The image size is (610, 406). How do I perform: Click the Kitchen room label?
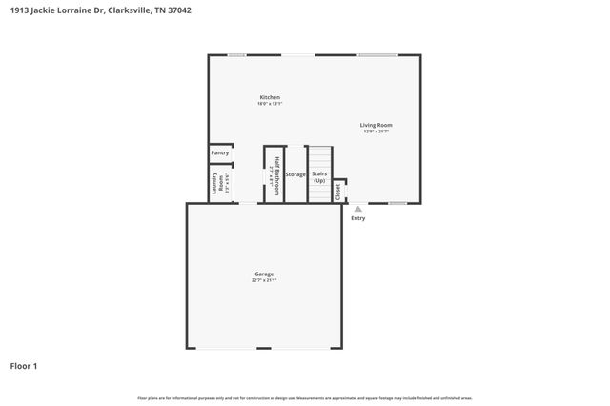point(270,97)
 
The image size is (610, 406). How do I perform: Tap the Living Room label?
point(376,125)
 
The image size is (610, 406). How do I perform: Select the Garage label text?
point(264,274)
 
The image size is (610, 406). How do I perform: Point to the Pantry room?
point(220,152)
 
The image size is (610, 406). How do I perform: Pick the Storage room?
point(295,174)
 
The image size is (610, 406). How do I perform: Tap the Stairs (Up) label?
point(320,176)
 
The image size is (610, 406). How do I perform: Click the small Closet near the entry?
point(338,191)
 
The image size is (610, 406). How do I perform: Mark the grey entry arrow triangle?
point(357,209)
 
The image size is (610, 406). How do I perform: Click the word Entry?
point(357,218)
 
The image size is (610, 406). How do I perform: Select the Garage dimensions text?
point(264,280)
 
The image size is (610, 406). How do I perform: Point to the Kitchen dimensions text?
point(270,104)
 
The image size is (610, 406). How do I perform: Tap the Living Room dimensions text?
point(376,132)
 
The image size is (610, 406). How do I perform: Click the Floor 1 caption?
point(24,366)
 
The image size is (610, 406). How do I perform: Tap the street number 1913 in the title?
point(19,10)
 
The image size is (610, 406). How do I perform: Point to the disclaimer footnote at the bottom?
point(304,397)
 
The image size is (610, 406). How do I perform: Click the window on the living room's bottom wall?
point(397,203)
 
